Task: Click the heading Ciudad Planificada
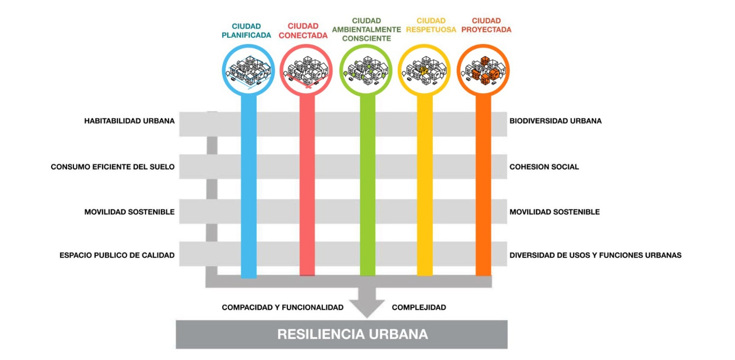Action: coord(246,31)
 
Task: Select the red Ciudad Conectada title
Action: coord(303,31)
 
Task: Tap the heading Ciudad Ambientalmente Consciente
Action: coord(366,29)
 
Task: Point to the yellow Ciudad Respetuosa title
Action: coord(431,25)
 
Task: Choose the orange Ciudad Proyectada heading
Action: coord(486,25)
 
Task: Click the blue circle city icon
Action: coord(248,70)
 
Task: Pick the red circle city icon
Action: coord(306,70)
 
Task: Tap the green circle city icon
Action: coord(366,70)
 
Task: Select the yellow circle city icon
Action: coord(424,70)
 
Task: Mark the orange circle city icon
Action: coord(483,70)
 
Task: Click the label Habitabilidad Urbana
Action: coord(129,121)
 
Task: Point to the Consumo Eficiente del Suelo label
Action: coord(113,167)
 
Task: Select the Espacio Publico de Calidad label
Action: coord(117,255)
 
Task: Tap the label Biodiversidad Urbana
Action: coord(555,121)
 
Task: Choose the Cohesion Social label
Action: coord(544,167)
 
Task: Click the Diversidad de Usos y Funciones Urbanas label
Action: coord(595,255)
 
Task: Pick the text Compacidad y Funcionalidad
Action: coord(283,308)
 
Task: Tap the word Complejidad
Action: coord(418,308)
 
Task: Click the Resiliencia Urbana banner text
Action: coord(352,334)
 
